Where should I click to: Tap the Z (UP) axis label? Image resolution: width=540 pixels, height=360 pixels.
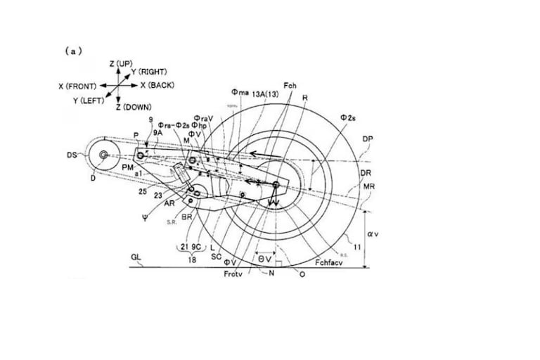121,63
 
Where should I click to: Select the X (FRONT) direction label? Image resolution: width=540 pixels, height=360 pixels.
78,86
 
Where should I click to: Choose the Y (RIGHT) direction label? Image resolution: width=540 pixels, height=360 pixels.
148,72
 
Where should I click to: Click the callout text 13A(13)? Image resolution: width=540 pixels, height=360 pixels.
265,92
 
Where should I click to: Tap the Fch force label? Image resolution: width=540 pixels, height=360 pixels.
290,85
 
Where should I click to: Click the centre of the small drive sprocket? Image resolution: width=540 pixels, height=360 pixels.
103,154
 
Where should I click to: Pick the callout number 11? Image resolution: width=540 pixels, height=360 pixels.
358,247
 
